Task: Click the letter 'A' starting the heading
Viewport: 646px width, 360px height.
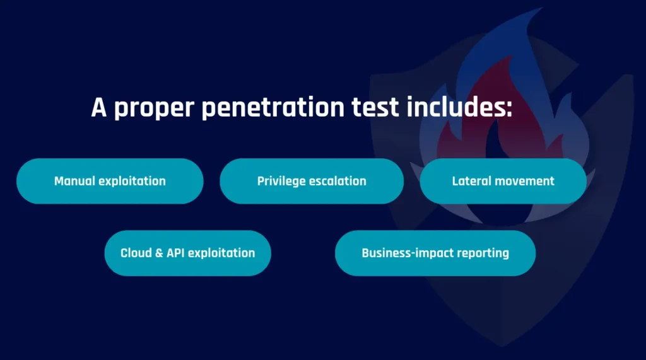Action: coord(99,107)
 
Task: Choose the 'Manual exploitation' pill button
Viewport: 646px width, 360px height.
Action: coord(110,181)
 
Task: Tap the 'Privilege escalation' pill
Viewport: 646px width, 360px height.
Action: coord(312,181)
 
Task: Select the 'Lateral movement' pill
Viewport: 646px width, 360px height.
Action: coord(503,181)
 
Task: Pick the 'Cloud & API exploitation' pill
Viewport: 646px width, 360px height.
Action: coord(187,253)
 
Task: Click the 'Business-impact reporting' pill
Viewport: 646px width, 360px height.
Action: coord(435,253)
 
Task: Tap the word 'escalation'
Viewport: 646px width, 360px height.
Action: coord(338,181)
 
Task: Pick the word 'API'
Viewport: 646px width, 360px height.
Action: coord(175,253)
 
